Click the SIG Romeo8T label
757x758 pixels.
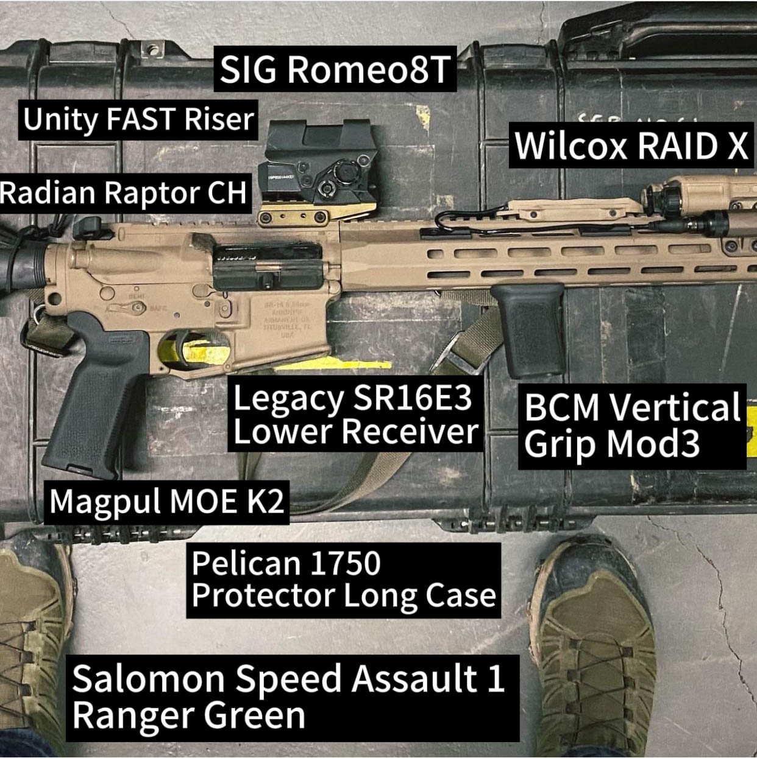tap(335, 69)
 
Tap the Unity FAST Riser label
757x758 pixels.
tap(138, 119)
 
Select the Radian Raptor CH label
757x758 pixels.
tap(124, 192)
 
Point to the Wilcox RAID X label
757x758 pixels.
tap(631, 146)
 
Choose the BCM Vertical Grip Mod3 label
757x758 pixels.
tap(631, 426)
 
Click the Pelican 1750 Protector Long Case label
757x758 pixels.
tap(343, 580)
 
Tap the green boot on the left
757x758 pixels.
tap(30, 645)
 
